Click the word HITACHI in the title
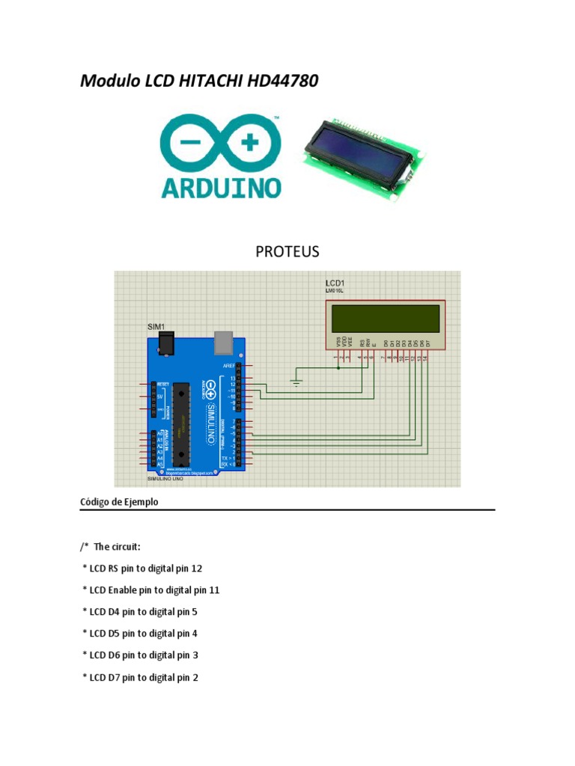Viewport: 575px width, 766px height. click(x=212, y=81)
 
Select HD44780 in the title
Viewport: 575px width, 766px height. click(x=282, y=81)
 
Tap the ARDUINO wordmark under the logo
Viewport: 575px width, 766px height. click(x=221, y=186)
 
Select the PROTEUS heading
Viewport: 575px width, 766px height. click(x=287, y=251)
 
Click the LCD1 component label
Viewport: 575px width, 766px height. click(x=335, y=283)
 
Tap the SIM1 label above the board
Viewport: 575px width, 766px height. click(x=155, y=327)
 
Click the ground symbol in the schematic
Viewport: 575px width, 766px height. click(x=296, y=384)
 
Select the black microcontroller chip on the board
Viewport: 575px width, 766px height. click(x=180, y=423)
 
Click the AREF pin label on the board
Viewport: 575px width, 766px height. click(x=230, y=365)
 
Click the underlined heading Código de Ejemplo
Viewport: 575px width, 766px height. click(x=119, y=502)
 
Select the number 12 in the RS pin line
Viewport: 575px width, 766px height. click(x=197, y=569)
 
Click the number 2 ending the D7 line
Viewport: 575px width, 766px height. click(x=195, y=678)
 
